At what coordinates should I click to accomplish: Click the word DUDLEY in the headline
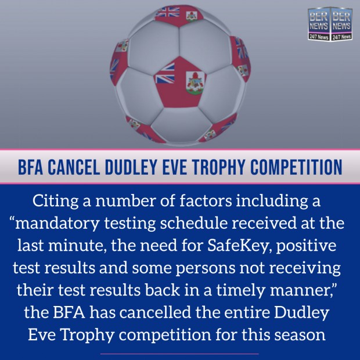point(131,167)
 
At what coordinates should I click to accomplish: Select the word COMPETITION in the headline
point(296,167)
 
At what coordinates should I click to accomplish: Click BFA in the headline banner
point(30,167)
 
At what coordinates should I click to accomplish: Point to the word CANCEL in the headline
point(74,167)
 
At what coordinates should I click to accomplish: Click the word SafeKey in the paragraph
point(237,246)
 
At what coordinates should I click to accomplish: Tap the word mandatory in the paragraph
point(57,223)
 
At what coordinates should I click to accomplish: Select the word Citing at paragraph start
point(55,201)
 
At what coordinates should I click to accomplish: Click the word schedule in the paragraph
point(193,223)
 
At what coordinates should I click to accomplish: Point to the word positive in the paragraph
point(306,246)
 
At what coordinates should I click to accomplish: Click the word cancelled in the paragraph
point(155,312)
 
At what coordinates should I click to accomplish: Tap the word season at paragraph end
point(300,335)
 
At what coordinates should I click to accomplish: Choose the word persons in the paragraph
point(205,268)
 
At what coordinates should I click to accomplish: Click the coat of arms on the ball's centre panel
point(195,82)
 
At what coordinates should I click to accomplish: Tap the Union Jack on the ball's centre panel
point(165,73)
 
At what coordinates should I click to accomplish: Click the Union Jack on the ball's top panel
point(167,12)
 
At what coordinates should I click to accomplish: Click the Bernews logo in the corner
point(330,24)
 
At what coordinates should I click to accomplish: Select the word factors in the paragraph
point(206,201)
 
